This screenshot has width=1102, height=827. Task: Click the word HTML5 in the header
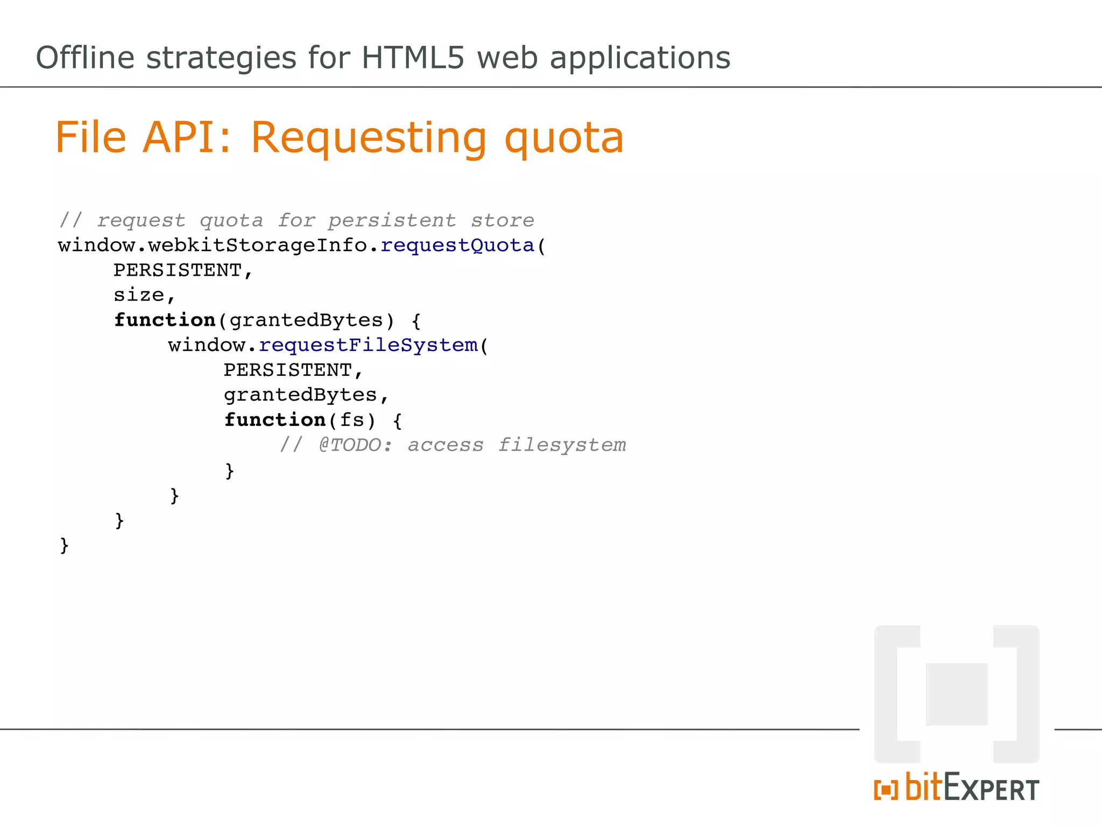click(x=412, y=58)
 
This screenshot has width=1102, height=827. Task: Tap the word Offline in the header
click(x=85, y=58)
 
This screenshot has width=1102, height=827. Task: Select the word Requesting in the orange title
click(x=368, y=137)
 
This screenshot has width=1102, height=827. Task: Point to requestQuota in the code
click(x=457, y=246)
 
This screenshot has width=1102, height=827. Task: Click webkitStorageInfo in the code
click(x=258, y=246)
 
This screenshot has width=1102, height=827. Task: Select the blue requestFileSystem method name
click(x=368, y=345)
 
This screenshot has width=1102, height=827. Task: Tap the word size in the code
click(x=139, y=295)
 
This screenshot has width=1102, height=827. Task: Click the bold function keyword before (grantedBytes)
click(x=165, y=320)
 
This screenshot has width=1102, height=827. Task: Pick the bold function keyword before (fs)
click(x=275, y=420)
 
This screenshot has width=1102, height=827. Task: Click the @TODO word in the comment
click(x=350, y=445)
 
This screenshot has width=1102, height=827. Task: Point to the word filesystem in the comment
click(x=562, y=445)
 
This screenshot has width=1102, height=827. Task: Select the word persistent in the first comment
click(x=392, y=221)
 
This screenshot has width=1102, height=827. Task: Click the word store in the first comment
click(x=503, y=221)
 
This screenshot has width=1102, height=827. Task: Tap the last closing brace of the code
click(x=64, y=545)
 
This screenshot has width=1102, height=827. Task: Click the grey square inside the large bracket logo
click(x=957, y=694)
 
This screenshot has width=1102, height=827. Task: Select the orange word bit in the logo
click(x=924, y=787)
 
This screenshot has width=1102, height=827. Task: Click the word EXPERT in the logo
click(x=991, y=789)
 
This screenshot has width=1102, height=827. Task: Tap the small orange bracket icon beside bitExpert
click(x=886, y=790)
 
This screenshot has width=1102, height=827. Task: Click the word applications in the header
click(x=640, y=58)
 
